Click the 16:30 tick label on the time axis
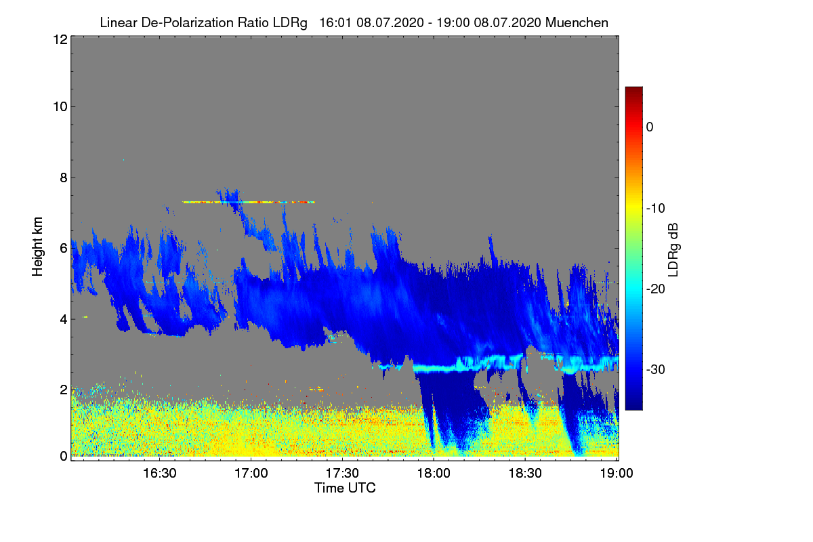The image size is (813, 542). [159, 473]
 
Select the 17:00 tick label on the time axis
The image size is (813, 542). [251, 473]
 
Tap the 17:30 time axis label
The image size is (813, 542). [342, 473]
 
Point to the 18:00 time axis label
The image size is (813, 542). [434, 473]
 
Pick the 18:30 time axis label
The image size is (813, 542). [525, 473]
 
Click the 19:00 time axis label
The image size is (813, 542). [616, 473]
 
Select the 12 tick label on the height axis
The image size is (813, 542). [59, 40]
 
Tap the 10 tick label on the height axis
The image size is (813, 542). [59, 106]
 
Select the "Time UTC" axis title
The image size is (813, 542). [345, 488]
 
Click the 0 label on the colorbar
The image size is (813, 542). [649, 127]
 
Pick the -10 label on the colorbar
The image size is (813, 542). [654, 208]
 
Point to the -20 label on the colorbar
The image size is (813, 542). [654, 289]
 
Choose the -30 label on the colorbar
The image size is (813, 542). [654, 370]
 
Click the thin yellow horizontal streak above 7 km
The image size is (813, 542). [248, 202]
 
